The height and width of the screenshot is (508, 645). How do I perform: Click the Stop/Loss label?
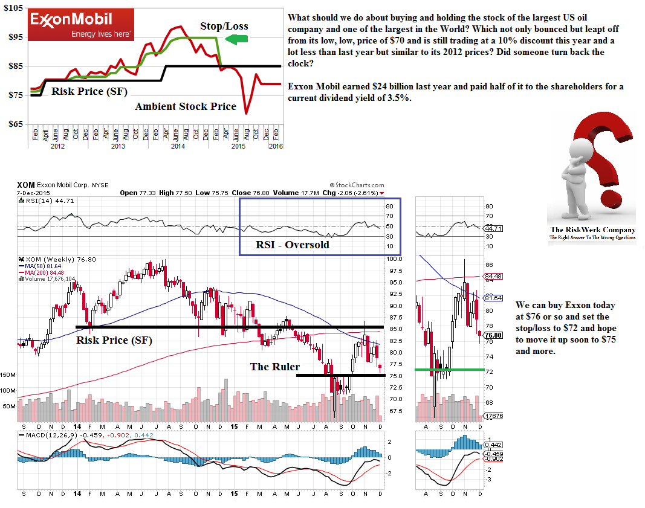224,26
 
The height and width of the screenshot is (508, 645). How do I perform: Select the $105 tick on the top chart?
12,8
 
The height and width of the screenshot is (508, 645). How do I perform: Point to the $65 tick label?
14,124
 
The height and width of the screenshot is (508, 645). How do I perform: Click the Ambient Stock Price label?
185,107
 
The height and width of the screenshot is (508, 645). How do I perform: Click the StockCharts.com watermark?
357,185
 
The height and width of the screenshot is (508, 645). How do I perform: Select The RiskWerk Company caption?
592,230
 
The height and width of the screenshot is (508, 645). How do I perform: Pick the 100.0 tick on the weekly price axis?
395,259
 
